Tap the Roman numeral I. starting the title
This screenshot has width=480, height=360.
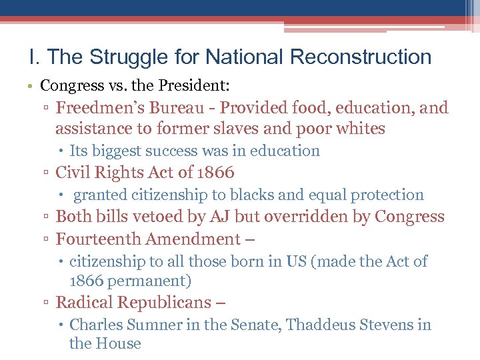pyautogui.click(x=35, y=57)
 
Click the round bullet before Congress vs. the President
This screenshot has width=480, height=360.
pyautogui.click(x=33, y=86)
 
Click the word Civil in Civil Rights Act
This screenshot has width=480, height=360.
pyautogui.click(x=73, y=173)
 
